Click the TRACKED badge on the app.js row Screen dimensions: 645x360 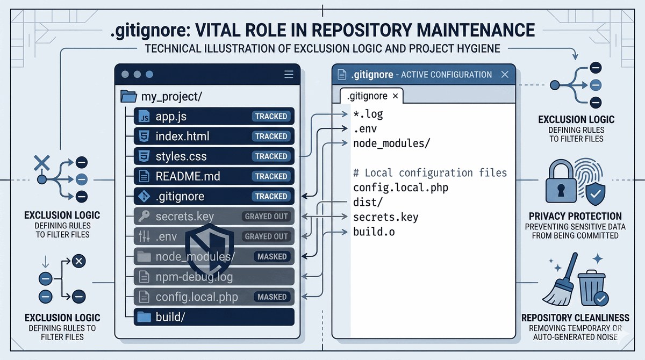click(271, 116)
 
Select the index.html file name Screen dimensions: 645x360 click(182, 136)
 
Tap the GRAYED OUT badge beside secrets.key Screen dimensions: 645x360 click(266, 217)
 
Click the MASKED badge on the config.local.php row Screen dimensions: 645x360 click(272, 297)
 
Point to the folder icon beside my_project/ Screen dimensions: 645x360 click(128, 96)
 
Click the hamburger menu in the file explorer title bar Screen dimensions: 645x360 click(289, 74)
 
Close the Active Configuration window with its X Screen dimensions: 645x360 click(505, 75)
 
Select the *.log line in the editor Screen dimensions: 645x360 click(368, 114)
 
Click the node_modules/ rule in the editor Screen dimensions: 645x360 click(392, 143)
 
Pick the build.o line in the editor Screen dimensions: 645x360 click(374, 232)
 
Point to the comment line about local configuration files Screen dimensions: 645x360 click(430, 173)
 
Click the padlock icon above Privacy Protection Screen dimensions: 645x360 click(561, 181)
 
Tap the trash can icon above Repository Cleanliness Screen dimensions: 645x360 click(592, 289)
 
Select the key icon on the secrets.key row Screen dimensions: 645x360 click(144, 216)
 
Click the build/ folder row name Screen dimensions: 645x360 click(170, 317)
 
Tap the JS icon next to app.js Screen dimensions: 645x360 click(144, 116)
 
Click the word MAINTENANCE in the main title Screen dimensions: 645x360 click(476, 30)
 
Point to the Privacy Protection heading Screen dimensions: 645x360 click(575, 216)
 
